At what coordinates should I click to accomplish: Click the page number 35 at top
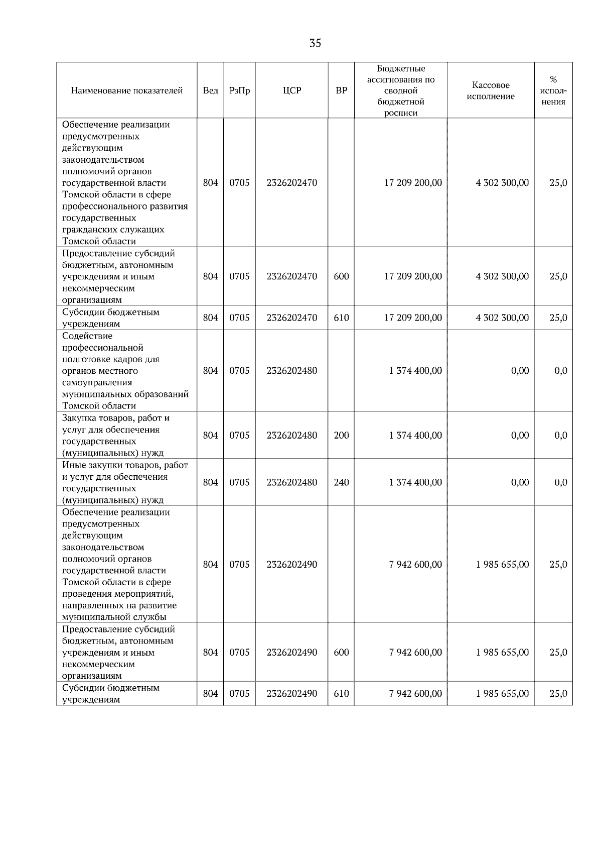coord(315,43)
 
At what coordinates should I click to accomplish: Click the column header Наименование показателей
coord(126,91)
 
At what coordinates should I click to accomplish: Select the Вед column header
coord(210,91)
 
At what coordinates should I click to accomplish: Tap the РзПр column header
coord(239,91)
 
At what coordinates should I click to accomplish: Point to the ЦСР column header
coord(291,91)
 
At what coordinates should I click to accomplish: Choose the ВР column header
coord(341,91)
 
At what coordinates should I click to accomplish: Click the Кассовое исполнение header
coord(491,91)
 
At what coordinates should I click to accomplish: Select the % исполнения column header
coord(553,91)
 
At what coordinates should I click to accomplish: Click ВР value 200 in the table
coord(341,436)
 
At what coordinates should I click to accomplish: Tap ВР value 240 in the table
coord(341,482)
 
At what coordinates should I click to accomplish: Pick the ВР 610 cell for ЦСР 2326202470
coord(341,318)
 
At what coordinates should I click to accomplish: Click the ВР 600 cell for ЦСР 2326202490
coord(341,653)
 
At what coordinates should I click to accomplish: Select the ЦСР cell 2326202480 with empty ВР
coord(291,371)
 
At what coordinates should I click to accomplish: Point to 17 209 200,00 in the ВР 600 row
coord(413,276)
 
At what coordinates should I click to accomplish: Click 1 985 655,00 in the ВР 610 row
coord(502,694)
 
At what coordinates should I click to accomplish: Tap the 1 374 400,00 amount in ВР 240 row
coord(415,482)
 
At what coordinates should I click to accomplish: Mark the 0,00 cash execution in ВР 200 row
coord(520,436)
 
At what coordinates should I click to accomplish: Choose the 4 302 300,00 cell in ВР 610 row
coord(502,318)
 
